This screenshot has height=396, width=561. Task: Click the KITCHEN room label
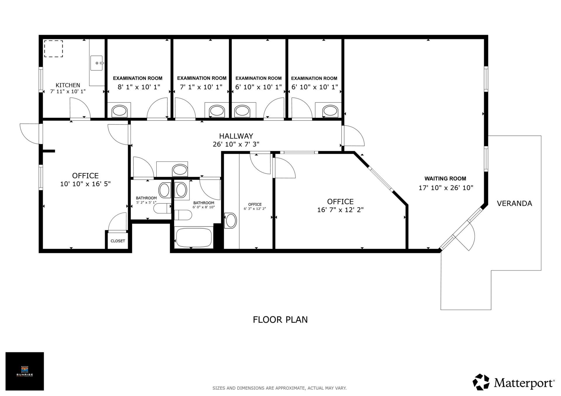point(68,85)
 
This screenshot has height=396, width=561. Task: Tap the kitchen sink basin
point(96,63)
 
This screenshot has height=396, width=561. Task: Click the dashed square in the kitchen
point(53,49)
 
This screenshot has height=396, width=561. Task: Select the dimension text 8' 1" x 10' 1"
point(139,87)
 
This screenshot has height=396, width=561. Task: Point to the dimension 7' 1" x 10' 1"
point(201,87)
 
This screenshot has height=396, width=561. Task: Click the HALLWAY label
point(236,136)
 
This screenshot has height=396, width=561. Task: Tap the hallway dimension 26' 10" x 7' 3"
point(236,144)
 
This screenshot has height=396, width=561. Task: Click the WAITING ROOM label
point(445,179)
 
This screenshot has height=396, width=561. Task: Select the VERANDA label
point(514,203)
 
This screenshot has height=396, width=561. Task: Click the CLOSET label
point(118,241)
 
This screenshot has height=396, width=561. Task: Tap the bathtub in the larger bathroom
point(194,238)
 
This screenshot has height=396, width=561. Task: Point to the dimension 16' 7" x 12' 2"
point(340,210)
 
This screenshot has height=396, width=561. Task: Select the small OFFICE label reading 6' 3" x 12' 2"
point(255,205)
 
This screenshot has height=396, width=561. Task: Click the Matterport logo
point(513,382)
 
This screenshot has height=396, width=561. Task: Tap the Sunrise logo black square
point(25,371)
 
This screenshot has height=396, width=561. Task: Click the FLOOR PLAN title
point(280,320)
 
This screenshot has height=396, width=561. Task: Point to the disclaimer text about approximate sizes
point(279,388)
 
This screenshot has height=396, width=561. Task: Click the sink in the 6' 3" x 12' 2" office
point(231,221)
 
